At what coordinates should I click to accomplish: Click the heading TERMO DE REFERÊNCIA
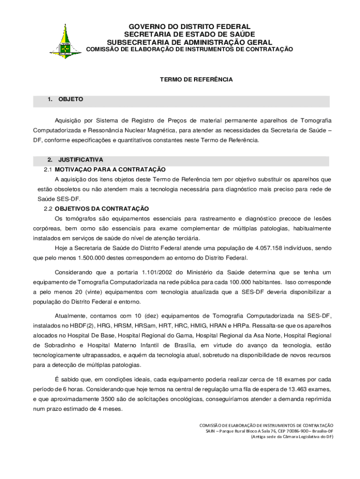[x=196, y=80]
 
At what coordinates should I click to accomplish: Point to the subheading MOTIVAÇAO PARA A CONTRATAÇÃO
[x=110, y=169]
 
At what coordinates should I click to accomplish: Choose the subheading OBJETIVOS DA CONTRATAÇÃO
[x=101, y=209]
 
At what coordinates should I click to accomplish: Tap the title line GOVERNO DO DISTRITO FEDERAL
[x=189, y=27]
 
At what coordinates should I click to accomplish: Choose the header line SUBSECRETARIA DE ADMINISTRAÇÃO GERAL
[x=189, y=42]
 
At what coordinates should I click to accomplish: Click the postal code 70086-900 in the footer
[x=293, y=431]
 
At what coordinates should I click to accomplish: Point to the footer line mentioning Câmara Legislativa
[x=292, y=436]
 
